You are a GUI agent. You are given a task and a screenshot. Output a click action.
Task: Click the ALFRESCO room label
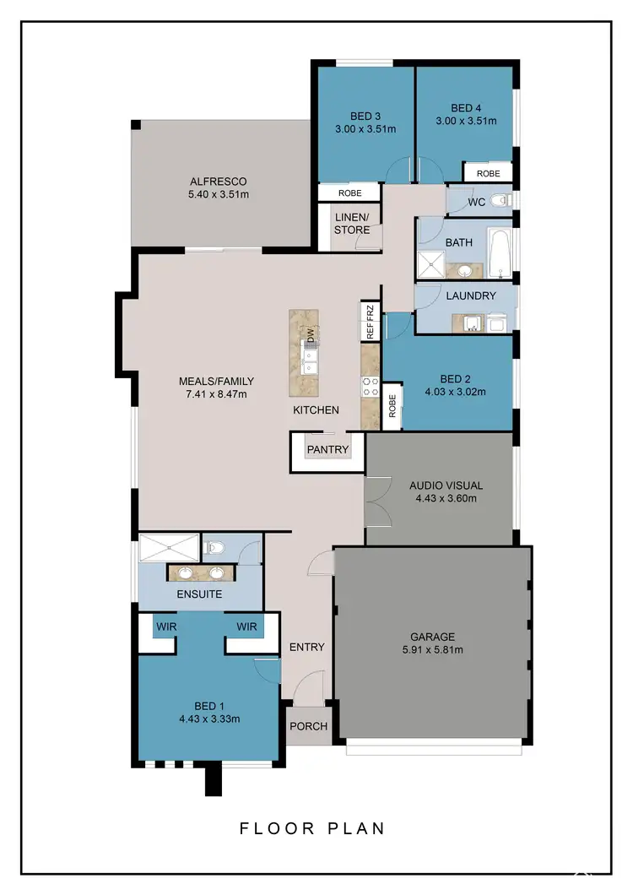(x=219, y=182)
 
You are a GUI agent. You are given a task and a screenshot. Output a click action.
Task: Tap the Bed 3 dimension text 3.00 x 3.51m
(x=365, y=129)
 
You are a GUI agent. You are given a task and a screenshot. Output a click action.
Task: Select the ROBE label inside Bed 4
(x=488, y=173)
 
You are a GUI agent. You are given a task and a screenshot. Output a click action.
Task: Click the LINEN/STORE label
(x=352, y=224)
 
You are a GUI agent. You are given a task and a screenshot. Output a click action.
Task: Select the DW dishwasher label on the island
(x=311, y=334)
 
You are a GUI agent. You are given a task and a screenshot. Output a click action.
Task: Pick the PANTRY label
(x=327, y=449)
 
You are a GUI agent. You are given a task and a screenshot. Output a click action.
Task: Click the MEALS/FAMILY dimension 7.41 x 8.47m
(x=216, y=393)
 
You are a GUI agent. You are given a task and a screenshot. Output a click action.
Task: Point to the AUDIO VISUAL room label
(x=446, y=485)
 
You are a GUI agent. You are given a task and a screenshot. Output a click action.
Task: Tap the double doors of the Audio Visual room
(x=375, y=503)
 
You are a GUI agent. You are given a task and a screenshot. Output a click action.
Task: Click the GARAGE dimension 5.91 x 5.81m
(x=433, y=649)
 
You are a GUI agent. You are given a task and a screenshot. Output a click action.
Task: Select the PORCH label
(x=308, y=726)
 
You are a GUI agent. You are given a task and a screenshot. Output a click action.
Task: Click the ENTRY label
(x=306, y=647)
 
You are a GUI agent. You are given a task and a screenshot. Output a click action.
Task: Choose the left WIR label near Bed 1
(x=165, y=626)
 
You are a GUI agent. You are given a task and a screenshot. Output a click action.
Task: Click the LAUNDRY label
(x=470, y=296)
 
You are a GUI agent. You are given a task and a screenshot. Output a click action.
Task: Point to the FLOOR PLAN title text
(x=313, y=827)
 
